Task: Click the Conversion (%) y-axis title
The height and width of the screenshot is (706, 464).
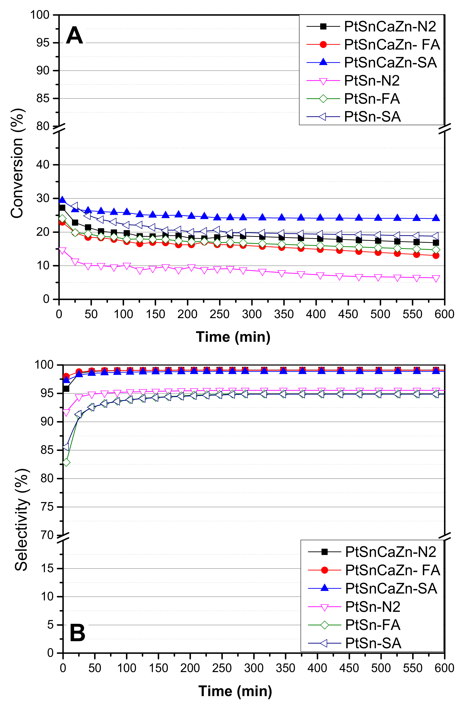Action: point(17,163)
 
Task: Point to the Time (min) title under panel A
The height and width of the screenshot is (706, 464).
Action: point(233,337)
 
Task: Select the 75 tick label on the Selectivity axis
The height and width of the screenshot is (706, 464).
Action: point(47,507)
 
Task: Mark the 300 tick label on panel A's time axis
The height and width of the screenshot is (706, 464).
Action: point(252,314)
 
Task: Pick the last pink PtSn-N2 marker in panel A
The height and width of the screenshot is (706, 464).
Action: point(436,278)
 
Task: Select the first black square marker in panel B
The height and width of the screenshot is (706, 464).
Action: point(66,389)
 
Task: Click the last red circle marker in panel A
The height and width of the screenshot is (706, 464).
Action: point(436,255)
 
